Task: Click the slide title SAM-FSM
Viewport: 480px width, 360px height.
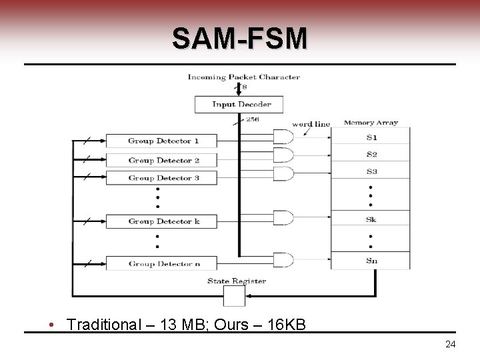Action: (x=240, y=39)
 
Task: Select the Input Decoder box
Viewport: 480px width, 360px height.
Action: (x=239, y=104)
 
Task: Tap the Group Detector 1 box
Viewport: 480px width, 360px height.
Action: (x=162, y=141)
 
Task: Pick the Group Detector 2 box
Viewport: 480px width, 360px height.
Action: (x=162, y=160)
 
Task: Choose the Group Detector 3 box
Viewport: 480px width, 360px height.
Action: (x=162, y=178)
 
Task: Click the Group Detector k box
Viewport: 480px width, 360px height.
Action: (x=162, y=221)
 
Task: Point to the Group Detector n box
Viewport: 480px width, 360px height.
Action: (x=162, y=263)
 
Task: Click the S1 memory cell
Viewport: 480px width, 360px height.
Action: (x=371, y=137)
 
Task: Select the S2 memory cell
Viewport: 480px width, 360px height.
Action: (x=371, y=155)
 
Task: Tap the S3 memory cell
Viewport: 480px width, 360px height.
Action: (x=371, y=172)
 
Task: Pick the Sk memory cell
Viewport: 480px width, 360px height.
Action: (x=371, y=219)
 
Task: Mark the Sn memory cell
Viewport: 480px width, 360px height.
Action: (x=371, y=260)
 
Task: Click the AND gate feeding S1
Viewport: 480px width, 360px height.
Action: (x=283, y=137)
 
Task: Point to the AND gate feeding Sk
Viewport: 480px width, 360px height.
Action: (x=283, y=218)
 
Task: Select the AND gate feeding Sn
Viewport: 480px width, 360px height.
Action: (x=283, y=259)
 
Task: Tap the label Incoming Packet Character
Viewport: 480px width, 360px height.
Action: (x=243, y=77)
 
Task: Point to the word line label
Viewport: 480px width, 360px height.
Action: (x=311, y=124)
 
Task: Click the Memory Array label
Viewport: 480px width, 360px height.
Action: (x=371, y=123)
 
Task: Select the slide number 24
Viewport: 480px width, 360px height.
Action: (x=450, y=344)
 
